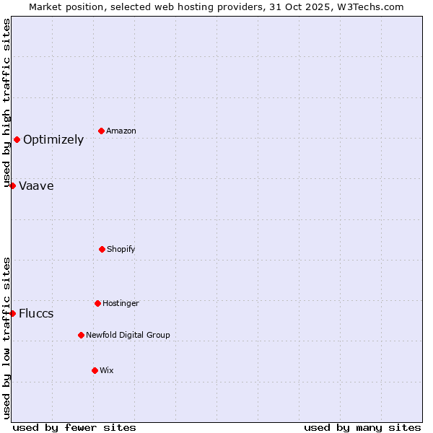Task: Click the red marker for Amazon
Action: [101, 131]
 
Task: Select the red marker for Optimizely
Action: [17, 139]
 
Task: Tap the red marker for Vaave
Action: [12, 185]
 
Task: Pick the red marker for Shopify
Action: [102, 249]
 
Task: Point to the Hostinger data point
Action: [97, 303]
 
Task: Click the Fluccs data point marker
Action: [12, 313]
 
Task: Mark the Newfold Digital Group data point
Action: [81, 335]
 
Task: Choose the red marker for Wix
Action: [95, 370]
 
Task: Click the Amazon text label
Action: [121, 131]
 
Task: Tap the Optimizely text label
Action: [53, 140]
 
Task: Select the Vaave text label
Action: [36, 186]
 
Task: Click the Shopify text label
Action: [121, 249]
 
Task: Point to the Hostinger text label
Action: [121, 303]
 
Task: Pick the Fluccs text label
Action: [36, 314]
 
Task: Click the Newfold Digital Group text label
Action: [128, 335]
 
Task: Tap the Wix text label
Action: [107, 370]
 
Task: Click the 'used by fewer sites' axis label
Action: [74, 427]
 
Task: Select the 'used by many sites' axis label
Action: [362, 427]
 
